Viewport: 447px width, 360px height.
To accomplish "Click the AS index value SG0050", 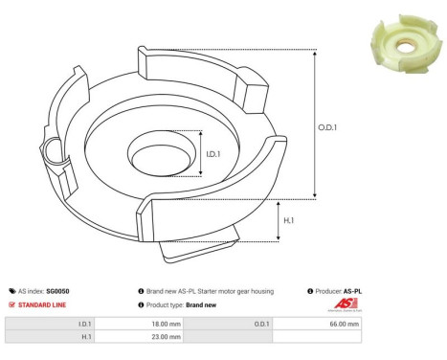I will tap(58, 290).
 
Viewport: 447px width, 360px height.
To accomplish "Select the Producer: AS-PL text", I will tap(340, 290).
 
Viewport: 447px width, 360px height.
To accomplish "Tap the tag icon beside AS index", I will tap(11, 290).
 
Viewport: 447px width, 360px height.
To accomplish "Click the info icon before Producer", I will tap(310, 290).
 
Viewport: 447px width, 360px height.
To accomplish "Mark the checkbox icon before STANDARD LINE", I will tap(11, 304).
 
